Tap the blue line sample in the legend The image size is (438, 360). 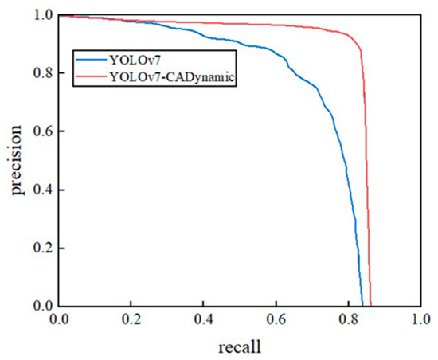tap(94, 58)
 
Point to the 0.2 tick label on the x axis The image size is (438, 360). tap(131, 320)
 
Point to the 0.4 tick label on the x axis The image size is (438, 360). tap(204, 320)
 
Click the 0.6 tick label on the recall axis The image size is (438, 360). tap(276, 320)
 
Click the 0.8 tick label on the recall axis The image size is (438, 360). tap(349, 320)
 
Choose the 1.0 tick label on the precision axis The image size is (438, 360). tap(45, 15)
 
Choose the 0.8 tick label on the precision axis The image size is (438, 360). tap(45, 73)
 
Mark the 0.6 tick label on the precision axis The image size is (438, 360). tap(45, 131)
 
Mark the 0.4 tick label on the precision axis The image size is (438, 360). tap(45, 190)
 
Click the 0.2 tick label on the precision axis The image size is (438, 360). tap(45, 248)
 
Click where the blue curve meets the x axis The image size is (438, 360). tap(362, 305)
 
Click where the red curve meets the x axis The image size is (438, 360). tap(371, 305)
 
